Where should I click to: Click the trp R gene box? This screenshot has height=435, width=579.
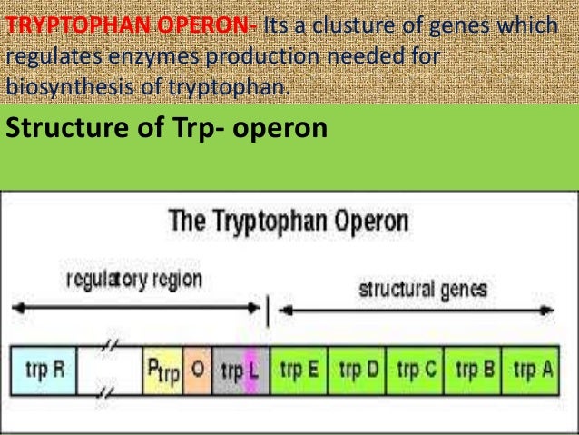point(44,371)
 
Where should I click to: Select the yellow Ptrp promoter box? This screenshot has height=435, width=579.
point(162,371)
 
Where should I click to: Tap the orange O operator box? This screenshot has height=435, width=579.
point(197,371)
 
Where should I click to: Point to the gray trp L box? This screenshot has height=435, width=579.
point(239,371)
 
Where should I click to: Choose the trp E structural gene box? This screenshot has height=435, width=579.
point(299,371)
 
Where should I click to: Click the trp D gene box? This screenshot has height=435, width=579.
point(358,371)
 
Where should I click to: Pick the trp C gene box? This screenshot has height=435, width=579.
point(415,371)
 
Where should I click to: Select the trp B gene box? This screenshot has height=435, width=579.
point(472,371)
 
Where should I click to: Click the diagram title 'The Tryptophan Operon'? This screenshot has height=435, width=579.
point(289,221)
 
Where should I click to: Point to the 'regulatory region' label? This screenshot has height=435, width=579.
point(133,278)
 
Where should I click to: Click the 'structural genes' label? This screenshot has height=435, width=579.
point(422,290)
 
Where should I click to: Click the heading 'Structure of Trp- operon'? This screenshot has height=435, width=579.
point(165,128)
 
